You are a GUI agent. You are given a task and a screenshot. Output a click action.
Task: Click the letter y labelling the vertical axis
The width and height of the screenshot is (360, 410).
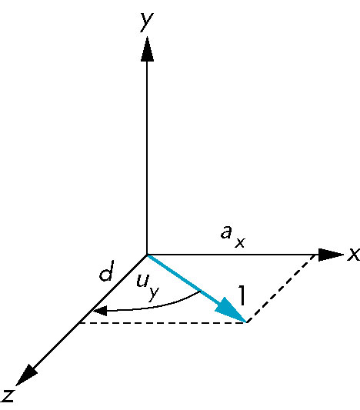146,22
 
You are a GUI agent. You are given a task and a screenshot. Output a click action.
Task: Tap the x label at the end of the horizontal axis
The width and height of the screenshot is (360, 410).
354,254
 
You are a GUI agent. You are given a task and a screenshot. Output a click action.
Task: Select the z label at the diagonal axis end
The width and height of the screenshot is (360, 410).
8,395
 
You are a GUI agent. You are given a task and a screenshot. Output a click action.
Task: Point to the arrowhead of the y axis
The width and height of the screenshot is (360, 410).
147,49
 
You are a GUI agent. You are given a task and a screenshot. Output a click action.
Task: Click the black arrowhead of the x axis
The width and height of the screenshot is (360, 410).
331,255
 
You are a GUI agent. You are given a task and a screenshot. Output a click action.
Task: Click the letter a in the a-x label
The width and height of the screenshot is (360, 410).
226,232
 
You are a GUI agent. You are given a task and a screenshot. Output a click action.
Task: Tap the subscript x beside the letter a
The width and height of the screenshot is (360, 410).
240,242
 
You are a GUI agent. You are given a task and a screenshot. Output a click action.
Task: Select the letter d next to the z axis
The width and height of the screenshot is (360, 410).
107,271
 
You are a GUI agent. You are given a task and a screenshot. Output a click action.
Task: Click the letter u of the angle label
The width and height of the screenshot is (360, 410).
143,281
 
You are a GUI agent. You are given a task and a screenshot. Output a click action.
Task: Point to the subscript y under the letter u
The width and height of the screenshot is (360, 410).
153,294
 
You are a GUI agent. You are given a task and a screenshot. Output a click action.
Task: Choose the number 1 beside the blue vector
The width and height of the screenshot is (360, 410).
242,295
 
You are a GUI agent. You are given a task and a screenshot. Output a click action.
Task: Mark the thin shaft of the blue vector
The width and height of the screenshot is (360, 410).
183,278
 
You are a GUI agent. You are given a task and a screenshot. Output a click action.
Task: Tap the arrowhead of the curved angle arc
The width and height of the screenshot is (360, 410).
100,311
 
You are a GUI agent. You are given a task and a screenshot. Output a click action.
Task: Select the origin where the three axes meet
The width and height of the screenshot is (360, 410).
147,255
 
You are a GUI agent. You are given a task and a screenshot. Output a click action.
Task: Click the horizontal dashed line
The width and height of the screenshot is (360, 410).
162,323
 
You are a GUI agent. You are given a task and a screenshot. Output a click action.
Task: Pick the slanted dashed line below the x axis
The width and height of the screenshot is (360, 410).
281,288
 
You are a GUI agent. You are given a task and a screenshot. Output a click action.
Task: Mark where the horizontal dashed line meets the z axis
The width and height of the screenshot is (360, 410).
79,323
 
